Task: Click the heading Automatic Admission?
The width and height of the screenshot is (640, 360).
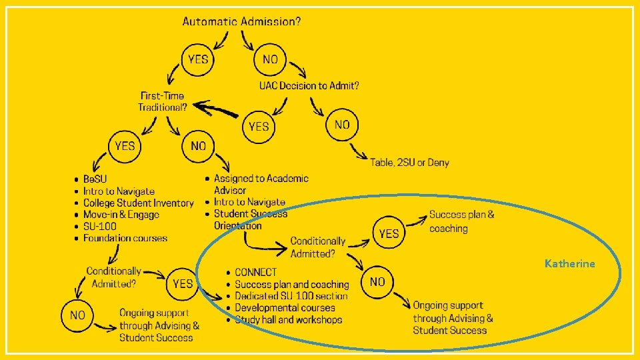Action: tap(241, 21)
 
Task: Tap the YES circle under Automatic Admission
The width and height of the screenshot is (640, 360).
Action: tap(198, 59)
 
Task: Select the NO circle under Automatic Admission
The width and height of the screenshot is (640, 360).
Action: tap(270, 59)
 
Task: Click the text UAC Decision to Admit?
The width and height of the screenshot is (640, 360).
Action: tap(309, 85)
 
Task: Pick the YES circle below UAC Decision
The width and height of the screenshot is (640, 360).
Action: tap(259, 126)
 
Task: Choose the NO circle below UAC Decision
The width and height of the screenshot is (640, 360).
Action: tap(342, 125)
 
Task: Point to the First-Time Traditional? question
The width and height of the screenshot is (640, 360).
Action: tap(161, 101)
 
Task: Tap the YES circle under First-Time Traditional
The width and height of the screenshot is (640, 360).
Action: tap(125, 146)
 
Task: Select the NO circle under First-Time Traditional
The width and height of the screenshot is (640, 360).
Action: tap(199, 145)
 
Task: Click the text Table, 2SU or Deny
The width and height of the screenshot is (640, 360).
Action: tap(410, 163)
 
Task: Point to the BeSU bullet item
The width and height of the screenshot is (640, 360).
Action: tap(95, 179)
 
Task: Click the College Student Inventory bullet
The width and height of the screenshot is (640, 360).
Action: tap(138, 203)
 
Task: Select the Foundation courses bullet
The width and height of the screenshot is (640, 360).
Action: tap(125, 238)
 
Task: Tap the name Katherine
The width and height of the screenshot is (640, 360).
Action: tap(569, 264)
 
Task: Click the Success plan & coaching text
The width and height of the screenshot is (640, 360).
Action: tap(461, 221)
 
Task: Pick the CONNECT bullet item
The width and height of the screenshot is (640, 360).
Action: tap(255, 273)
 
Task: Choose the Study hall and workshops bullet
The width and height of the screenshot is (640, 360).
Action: tap(288, 320)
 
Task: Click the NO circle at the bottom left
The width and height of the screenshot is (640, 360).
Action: tap(78, 315)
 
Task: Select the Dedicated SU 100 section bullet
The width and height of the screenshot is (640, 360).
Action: tap(291, 296)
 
